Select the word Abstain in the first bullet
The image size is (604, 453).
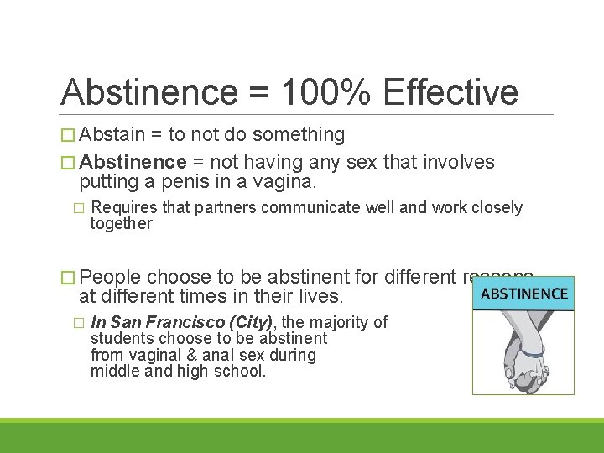tap(112, 134)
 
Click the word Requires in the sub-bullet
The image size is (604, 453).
tap(124, 207)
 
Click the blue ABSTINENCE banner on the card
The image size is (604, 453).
tap(523, 294)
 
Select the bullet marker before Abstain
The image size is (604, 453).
tap(68, 135)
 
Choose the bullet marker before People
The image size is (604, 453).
tap(68, 278)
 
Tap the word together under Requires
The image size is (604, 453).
tap(122, 223)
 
